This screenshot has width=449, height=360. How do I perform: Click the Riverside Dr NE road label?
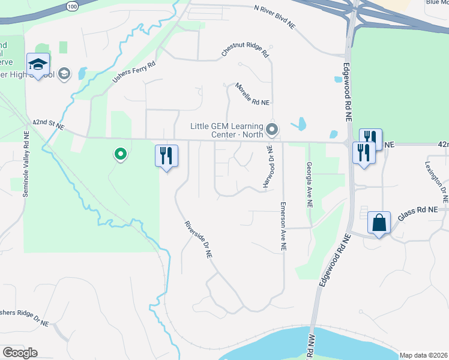point(199,239)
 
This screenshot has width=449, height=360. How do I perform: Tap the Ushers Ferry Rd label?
point(134,71)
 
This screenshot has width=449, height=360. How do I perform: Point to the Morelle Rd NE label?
point(252,94)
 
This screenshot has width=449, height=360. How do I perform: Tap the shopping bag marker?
point(379,223)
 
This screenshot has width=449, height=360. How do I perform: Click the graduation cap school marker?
point(38,65)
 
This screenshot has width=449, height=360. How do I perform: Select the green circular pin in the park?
point(121,155)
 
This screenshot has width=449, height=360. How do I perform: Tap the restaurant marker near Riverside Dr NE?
point(167,156)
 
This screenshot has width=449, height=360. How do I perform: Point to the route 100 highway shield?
point(73,5)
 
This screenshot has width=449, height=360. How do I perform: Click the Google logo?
point(20,353)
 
